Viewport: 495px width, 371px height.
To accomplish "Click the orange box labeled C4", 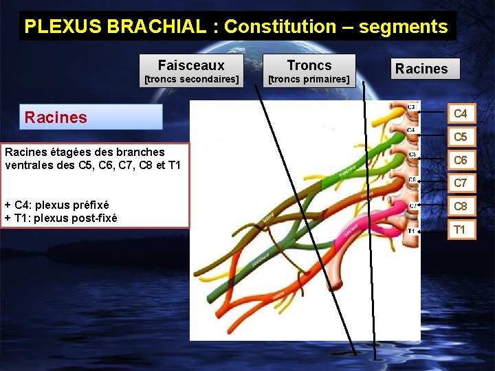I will tap(461, 113).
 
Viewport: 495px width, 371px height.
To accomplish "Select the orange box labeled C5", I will tap(461, 137).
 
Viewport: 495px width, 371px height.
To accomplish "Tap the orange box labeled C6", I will tap(461, 160).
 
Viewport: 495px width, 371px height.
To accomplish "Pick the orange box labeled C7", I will tap(461, 183).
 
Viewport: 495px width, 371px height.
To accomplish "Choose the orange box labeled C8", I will tap(461, 206).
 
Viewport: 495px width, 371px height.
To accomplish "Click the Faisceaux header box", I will tap(190, 66).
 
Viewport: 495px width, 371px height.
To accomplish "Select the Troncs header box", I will tap(309, 66).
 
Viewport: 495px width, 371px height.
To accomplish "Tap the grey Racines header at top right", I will tap(421, 69).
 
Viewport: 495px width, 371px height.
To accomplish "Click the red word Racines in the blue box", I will tap(56, 117).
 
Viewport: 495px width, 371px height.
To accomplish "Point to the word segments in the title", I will tap(403, 27).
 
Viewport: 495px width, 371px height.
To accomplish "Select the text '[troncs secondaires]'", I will tap(190, 80).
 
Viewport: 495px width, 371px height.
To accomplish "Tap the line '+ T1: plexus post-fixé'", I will tap(60, 218).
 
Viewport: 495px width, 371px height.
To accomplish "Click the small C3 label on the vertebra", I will tap(411, 107).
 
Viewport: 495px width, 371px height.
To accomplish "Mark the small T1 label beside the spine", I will tap(410, 231).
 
